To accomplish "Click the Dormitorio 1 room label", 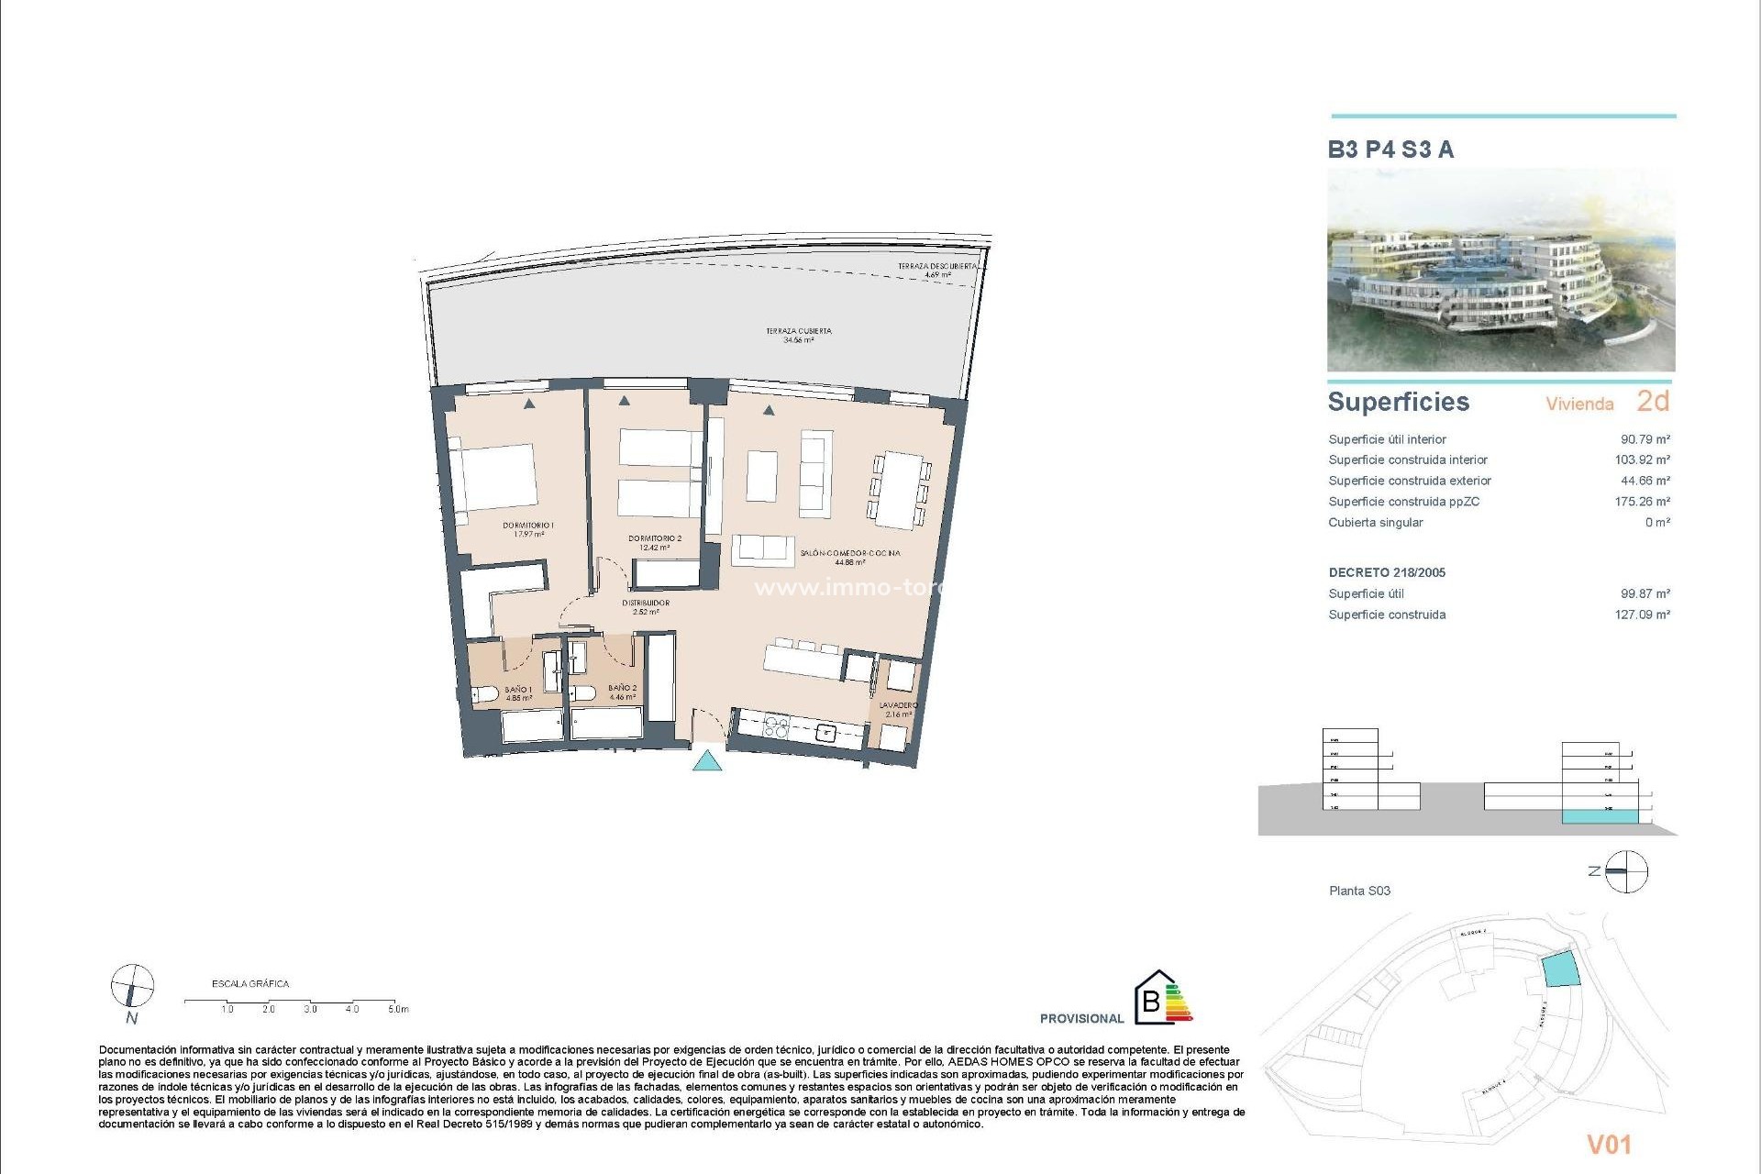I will click(528, 529).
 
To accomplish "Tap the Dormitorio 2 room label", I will click(655, 543).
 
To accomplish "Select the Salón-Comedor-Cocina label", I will click(850, 558).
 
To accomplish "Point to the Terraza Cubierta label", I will click(799, 335).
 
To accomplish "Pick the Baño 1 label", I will click(518, 692).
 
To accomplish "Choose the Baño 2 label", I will click(622, 692).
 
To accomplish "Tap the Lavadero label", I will click(898, 709).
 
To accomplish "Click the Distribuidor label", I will click(646, 606).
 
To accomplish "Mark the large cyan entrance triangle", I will click(706, 760).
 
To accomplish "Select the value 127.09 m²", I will click(1642, 615).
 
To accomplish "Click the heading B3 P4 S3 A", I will click(1390, 150).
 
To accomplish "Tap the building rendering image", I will click(1501, 270).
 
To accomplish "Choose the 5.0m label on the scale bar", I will click(398, 1009).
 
